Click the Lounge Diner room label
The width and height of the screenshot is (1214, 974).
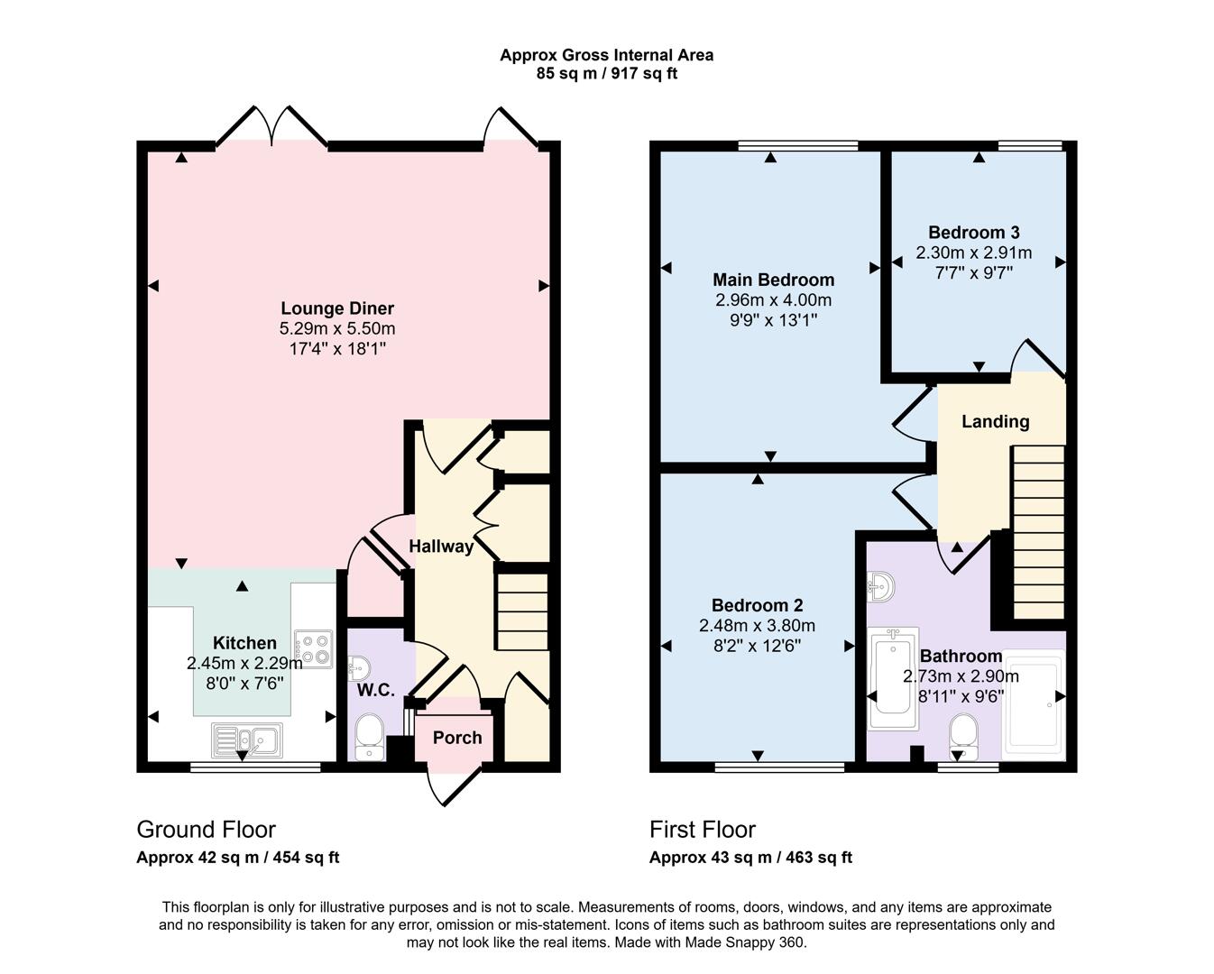[x=337, y=308]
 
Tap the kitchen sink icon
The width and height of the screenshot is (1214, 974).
[x=246, y=740]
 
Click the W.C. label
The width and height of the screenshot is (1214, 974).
[x=375, y=691]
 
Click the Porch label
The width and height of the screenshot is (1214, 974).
[x=457, y=738]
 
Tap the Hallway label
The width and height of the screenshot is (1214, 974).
[x=441, y=547]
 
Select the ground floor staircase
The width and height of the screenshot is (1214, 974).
[x=522, y=610]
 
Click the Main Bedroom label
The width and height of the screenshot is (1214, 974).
[x=773, y=280]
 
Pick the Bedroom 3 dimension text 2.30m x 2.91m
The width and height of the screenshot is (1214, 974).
[x=973, y=253]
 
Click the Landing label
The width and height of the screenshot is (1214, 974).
[x=995, y=421]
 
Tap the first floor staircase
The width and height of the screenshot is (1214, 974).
[x=1038, y=532]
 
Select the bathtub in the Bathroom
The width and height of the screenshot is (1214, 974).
[x=893, y=677]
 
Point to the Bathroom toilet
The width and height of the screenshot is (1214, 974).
[x=964, y=735]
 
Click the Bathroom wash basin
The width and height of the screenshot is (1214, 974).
[x=880, y=587]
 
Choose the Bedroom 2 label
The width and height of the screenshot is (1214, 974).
[x=757, y=605]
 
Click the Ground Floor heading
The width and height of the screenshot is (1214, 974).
[x=206, y=830]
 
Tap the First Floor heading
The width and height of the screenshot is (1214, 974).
[x=703, y=830]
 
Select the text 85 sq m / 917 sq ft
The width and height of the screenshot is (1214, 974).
[x=606, y=74]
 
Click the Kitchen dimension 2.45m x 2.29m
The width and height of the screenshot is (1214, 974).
[x=244, y=663]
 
